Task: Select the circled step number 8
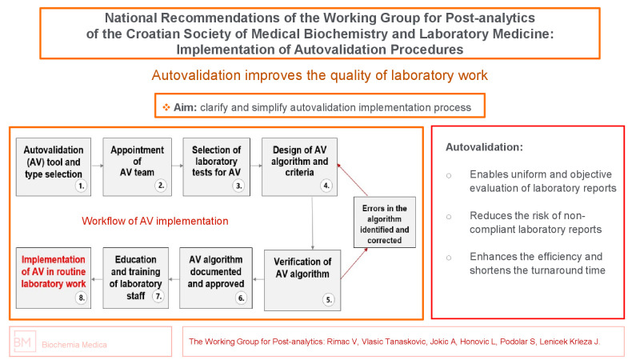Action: click(x=80, y=298)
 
